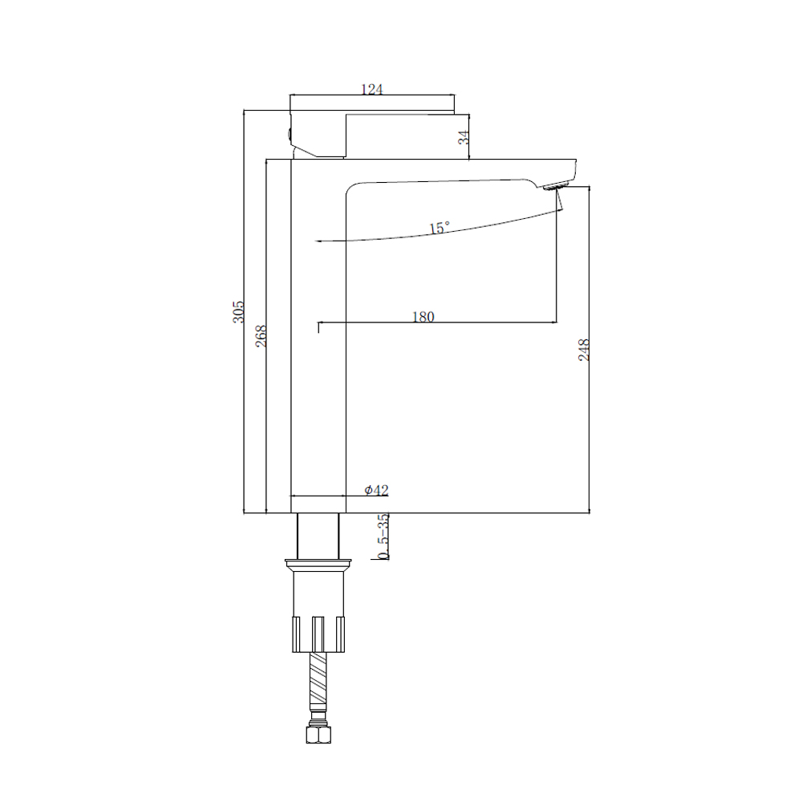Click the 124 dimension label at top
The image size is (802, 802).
click(372, 89)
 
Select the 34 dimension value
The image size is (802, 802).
click(464, 137)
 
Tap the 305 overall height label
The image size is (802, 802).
click(238, 311)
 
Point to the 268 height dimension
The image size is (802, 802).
click(261, 336)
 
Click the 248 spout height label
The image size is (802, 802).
click(584, 350)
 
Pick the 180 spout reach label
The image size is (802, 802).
click(423, 317)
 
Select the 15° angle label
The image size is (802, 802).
click(439, 228)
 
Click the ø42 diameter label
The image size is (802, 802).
click(376, 490)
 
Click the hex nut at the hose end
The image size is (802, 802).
click(318, 734)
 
